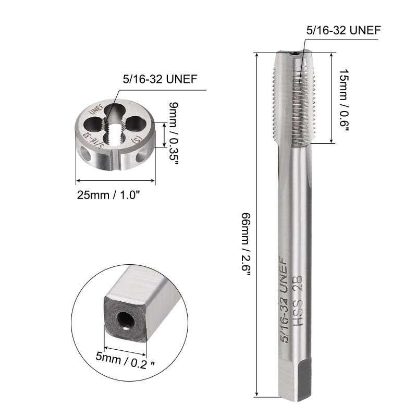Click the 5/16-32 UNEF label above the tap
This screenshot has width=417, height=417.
(x=344, y=30)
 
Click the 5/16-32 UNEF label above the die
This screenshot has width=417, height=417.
(x=160, y=79)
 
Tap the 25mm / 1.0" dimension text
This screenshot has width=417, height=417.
(x=108, y=195)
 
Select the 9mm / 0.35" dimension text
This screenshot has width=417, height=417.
(x=173, y=131)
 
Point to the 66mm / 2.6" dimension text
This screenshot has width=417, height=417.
(x=246, y=244)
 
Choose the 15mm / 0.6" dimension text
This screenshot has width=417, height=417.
(x=344, y=100)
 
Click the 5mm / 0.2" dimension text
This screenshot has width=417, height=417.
(x=125, y=360)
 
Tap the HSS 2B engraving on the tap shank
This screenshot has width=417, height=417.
(x=298, y=301)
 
